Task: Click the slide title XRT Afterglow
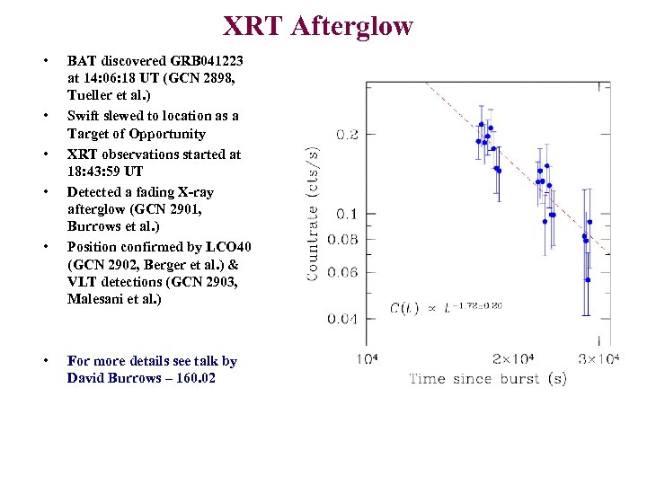pos(317,26)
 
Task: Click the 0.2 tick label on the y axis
pos(346,135)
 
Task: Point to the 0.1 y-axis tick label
pos(346,214)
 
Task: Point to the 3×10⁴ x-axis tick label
pos(598,359)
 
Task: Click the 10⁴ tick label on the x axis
pos(368,359)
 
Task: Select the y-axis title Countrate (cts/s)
pos(314,215)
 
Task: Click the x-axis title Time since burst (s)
pos(488,379)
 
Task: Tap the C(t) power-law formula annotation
pos(446,307)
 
